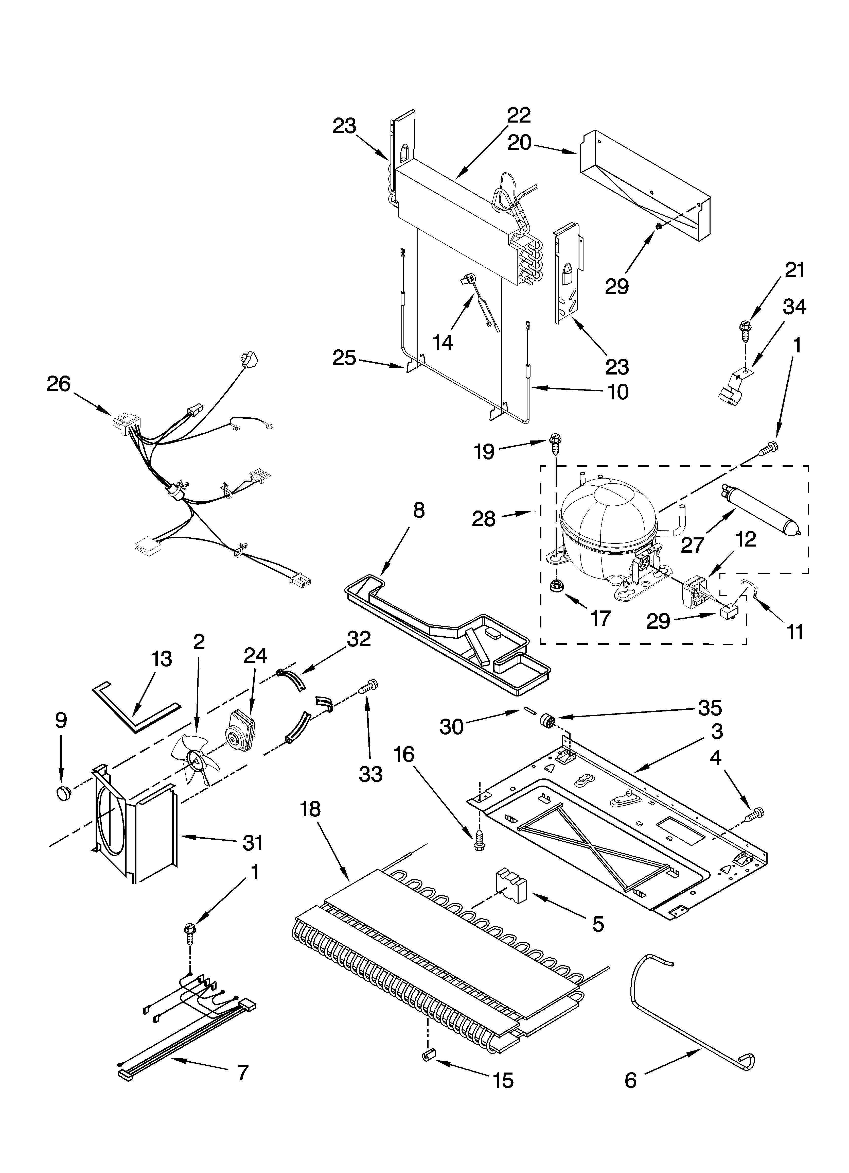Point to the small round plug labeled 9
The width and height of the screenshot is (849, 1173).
62,792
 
